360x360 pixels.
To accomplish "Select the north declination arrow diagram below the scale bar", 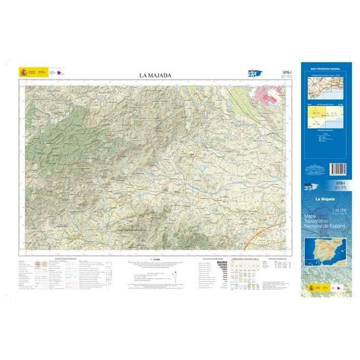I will [174, 277].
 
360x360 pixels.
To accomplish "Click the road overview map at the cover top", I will [325, 86].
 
